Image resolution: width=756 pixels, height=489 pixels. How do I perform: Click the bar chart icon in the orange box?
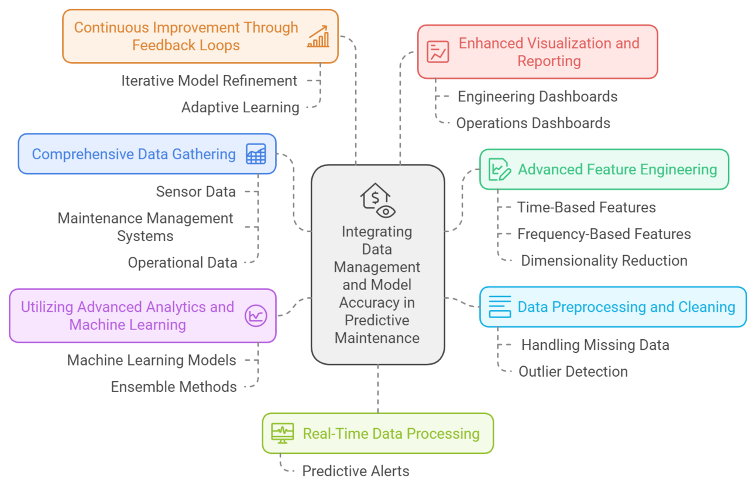point(318,36)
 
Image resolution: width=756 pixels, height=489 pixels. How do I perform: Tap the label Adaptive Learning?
point(240,108)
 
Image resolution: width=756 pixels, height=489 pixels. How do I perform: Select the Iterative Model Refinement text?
point(209,81)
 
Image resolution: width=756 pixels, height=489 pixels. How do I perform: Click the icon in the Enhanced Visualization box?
point(438,51)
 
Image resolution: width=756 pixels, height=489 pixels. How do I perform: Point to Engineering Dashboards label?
point(537,97)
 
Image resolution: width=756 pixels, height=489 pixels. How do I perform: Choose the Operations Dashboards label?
point(533,123)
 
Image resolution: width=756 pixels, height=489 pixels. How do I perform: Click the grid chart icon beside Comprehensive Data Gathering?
point(256,154)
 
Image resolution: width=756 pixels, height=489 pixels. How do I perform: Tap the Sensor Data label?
point(195,192)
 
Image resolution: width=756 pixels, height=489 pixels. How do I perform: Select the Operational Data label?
point(183,263)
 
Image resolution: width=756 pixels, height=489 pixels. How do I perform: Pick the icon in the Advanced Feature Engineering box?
point(499,170)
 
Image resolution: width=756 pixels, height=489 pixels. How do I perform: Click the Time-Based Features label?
point(586,208)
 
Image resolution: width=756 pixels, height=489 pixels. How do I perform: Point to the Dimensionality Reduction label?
point(604,261)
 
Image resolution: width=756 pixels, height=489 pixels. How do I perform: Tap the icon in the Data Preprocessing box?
point(500,307)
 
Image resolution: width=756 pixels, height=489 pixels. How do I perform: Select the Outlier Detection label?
point(573,371)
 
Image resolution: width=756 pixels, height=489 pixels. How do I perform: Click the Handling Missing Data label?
point(595,345)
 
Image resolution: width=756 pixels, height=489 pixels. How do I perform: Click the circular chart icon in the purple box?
point(256,316)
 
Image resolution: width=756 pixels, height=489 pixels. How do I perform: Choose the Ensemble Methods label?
point(174,387)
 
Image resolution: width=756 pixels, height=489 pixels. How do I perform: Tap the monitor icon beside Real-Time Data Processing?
point(283,433)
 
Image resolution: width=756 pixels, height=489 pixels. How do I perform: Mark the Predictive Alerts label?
point(356,471)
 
